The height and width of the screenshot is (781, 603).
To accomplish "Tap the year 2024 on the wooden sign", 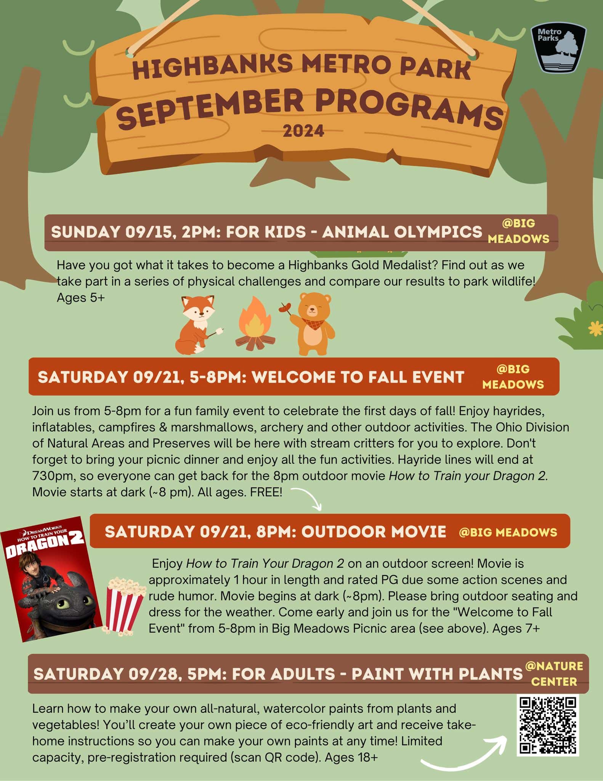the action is pyautogui.click(x=303, y=132).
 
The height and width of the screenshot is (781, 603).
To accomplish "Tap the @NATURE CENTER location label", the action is pyautogui.click(x=554, y=673).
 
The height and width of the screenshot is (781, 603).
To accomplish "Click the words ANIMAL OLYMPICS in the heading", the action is pyautogui.click(x=402, y=232).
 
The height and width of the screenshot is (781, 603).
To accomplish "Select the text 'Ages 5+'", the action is pyautogui.click(x=80, y=298).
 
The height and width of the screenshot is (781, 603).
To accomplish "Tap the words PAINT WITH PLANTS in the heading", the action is pyautogui.click(x=437, y=674).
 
